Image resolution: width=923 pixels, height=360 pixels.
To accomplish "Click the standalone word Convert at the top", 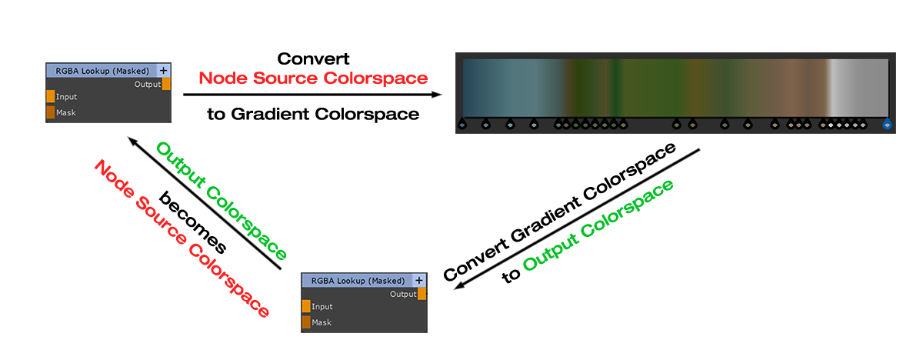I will coord(313,58).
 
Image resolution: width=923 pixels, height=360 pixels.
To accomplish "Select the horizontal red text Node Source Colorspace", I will coord(313,78).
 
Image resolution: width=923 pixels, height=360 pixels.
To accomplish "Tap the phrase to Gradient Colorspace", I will coord(313,115).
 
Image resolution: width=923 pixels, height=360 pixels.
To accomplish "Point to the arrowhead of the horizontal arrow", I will coord(438,95).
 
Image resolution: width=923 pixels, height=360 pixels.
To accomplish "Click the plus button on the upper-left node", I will coord(163,70).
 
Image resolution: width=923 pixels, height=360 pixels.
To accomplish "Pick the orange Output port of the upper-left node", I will coord(166,84).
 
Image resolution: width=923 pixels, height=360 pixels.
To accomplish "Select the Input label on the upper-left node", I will coord(67,97).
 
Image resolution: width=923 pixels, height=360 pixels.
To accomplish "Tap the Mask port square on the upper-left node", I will coord(50,112).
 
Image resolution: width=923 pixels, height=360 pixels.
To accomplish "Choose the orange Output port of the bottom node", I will coord(422,294).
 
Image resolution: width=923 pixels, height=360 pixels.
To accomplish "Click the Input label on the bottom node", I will coord(322,307).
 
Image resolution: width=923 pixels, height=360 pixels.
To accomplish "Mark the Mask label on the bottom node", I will coord(322,322).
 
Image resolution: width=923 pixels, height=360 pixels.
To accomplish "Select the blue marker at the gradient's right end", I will coord(888,123).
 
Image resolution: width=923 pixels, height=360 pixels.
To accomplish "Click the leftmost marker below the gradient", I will coord(461,123).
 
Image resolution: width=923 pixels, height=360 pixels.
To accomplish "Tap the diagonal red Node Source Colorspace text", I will coord(182,239).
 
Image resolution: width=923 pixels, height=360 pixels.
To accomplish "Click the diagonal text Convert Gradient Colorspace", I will coord(560,212).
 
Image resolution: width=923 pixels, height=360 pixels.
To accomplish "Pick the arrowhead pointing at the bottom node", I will coord(459,287).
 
